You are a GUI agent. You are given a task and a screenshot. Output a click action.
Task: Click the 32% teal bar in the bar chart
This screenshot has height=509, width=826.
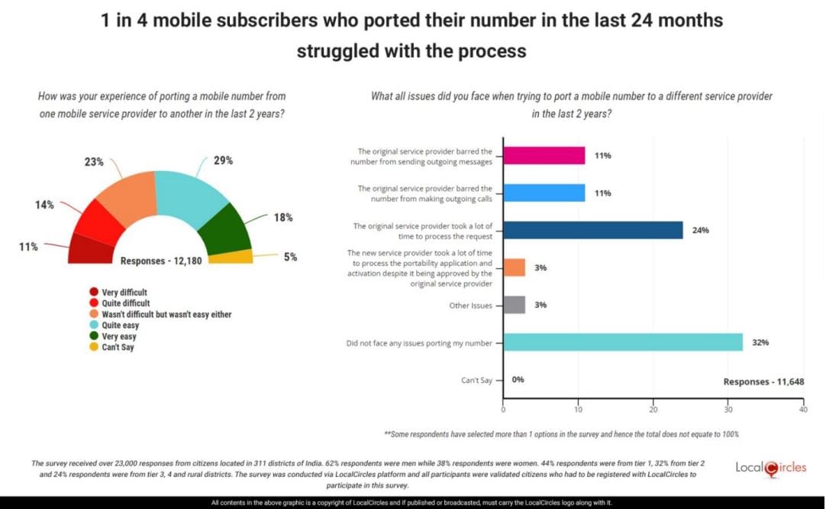(622, 342)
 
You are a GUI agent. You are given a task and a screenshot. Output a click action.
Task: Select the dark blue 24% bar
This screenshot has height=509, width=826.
(592, 230)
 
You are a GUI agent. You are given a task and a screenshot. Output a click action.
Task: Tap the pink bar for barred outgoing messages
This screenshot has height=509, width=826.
(544, 156)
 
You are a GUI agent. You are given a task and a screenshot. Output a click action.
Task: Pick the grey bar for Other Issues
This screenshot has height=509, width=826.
(514, 305)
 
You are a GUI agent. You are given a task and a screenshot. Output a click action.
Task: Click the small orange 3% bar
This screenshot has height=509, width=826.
(514, 267)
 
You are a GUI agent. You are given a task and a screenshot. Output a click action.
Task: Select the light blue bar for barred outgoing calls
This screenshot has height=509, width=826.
(544, 193)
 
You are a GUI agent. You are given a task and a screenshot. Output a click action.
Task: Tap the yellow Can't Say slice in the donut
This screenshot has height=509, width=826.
(231, 257)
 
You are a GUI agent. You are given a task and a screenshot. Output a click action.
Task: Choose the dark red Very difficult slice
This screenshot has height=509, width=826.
(91, 249)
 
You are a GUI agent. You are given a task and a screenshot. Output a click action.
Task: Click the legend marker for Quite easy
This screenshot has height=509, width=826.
(94, 325)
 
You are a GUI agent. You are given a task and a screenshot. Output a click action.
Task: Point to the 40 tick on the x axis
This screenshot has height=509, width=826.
(802, 410)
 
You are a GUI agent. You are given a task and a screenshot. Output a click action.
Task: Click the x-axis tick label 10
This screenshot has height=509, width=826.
(578, 410)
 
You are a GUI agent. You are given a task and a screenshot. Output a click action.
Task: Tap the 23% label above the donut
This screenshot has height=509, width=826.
(94, 162)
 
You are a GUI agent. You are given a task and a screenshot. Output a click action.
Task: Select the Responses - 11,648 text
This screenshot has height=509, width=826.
(763, 381)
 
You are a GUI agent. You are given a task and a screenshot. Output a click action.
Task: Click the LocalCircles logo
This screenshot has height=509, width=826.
(770, 468)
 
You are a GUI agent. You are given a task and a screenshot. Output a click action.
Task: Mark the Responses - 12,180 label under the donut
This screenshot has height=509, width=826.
(160, 261)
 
